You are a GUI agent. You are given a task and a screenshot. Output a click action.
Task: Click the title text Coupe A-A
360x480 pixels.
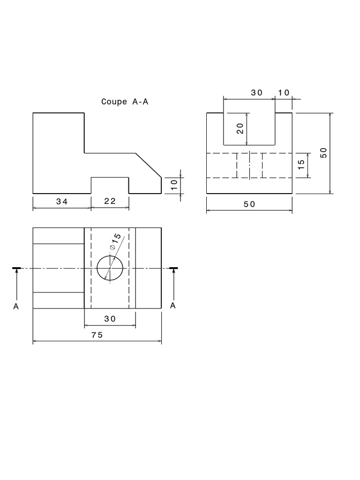click(x=125, y=102)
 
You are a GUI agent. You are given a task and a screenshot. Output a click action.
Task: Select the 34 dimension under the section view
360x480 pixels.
click(x=62, y=202)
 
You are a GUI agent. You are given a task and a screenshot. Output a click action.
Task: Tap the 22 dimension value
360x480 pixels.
click(x=110, y=202)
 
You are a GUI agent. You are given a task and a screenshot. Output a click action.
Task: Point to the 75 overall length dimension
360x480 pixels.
click(x=97, y=335)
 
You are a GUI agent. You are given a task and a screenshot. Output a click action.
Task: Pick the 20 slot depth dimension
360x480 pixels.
click(x=240, y=129)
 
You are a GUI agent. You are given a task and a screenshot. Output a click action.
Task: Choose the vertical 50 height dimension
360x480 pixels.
click(x=323, y=153)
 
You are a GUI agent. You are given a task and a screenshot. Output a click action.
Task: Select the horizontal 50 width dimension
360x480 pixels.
click(x=249, y=204)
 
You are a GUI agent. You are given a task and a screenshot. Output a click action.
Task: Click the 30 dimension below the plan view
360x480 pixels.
click(x=110, y=319)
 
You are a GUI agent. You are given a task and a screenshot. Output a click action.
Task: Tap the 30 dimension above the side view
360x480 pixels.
click(x=257, y=93)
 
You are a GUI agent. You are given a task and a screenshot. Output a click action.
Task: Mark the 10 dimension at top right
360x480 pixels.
click(x=284, y=93)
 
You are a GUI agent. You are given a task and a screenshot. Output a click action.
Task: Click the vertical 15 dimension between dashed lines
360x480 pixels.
click(x=301, y=165)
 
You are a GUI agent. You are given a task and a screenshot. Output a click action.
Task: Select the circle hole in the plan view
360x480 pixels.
click(x=110, y=268)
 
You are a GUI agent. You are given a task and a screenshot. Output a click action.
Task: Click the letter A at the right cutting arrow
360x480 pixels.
click(x=173, y=306)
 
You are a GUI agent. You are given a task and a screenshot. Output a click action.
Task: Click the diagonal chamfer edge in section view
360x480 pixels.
click(x=149, y=165)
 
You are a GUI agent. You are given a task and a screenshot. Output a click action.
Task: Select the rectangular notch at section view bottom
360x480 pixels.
click(x=110, y=185)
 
